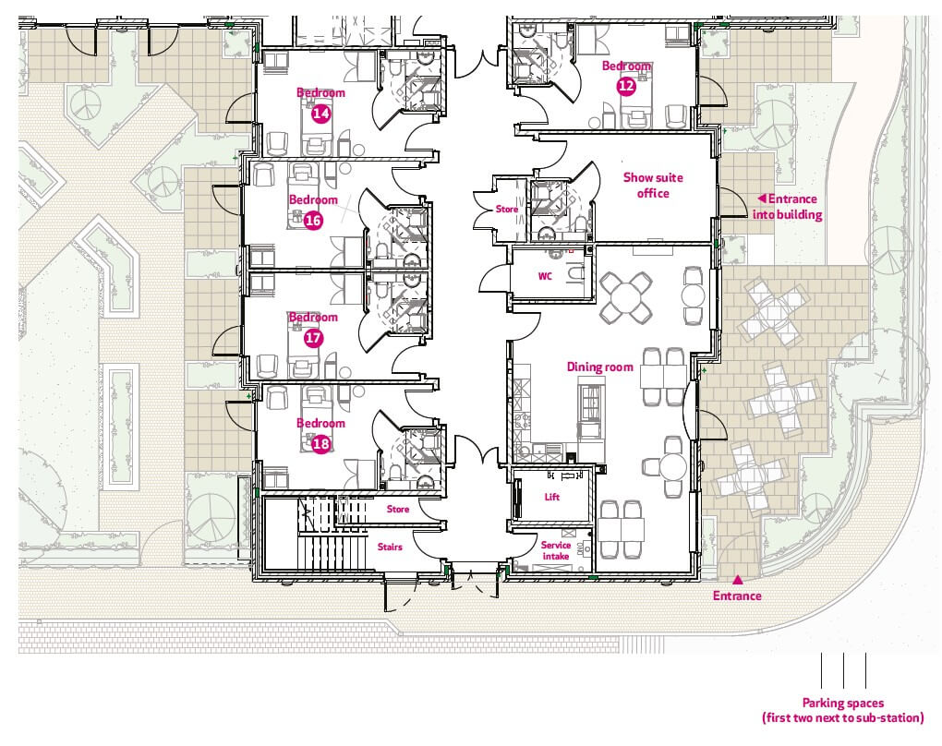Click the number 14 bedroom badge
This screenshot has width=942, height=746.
click(x=320, y=113)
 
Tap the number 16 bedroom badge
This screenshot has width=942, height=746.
click(x=313, y=221)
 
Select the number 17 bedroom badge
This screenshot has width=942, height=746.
click(x=313, y=338)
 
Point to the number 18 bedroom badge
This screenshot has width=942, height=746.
click(x=320, y=444)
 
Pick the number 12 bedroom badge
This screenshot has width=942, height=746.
click(x=626, y=86)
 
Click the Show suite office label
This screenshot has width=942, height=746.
click(x=653, y=185)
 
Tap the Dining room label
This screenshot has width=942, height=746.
click(x=600, y=367)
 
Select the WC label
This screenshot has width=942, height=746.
click(x=545, y=276)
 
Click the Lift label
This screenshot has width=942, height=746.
click(x=552, y=497)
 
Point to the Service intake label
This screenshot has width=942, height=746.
click(x=556, y=550)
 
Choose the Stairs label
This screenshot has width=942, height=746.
click(x=390, y=547)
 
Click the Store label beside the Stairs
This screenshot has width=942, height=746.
click(x=398, y=509)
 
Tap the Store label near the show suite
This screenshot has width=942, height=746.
click(x=506, y=209)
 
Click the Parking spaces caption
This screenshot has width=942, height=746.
click(x=843, y=710)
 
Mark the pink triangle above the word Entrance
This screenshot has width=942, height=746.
click(x=737, y=580)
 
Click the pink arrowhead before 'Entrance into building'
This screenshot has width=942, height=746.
click(x=761, y=199)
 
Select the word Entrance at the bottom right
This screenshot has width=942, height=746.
click(x=737, y=596)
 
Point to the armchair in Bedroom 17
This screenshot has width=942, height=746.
click(x=267, y=366)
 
